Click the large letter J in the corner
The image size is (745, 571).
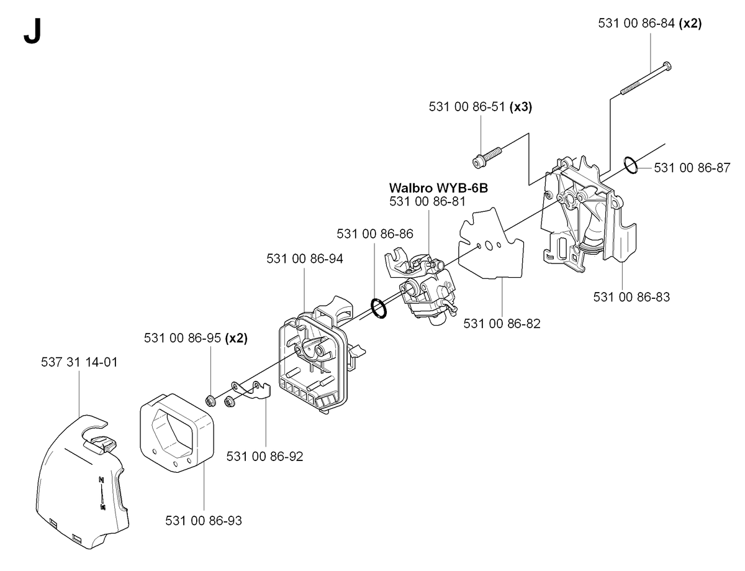(x=32, y=30)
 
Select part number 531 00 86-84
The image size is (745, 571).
(x=636, y=24)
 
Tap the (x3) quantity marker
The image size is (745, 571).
(x=521, y=107)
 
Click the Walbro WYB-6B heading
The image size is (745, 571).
(x=438, y=188)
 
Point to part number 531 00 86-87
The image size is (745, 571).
(x=692, y=168)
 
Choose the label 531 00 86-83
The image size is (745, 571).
(x=631, y=296)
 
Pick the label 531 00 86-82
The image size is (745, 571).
(x=502, y=323)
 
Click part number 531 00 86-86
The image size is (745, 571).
(x=375, y=234)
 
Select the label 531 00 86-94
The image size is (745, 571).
(x=305, y=258)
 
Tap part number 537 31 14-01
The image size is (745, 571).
(x=79, y=362)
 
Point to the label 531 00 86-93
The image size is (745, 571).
(x=204, y=521)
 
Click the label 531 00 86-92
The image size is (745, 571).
(x=264, y=457)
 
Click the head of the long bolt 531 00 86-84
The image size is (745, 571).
(x=667, y=66)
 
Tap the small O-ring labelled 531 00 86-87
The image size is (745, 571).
(x=631, y=165)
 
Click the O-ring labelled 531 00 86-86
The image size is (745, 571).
(x=379, y=308)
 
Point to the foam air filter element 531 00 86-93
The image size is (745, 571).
(x=176, y=433)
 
